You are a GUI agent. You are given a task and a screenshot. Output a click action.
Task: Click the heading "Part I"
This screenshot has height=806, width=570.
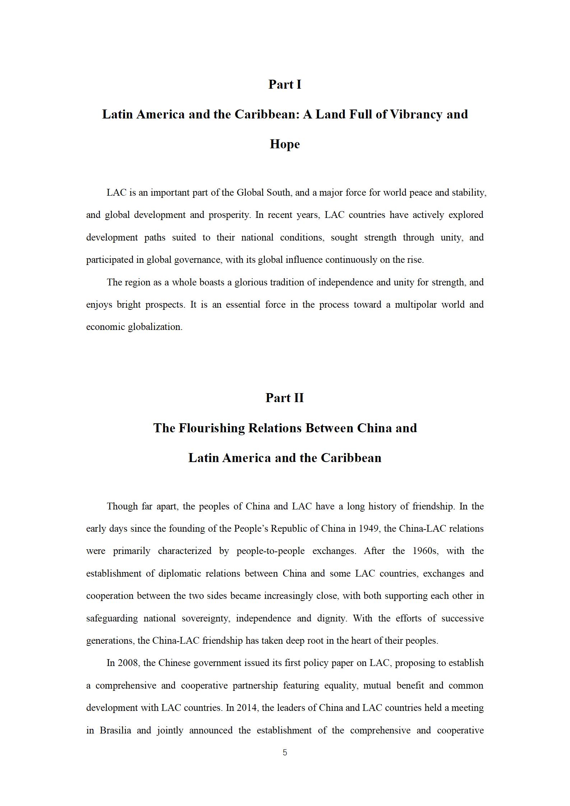tap(284, 85)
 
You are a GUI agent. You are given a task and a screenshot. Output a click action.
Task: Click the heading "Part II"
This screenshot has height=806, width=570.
tap(284, 398)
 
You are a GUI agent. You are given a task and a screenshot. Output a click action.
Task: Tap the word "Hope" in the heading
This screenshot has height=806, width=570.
tap(284, 144)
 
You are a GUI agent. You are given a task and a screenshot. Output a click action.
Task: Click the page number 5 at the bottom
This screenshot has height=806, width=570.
tap(285, 753)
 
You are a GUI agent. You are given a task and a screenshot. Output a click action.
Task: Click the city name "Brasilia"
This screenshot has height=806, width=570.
tap(115, 730)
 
